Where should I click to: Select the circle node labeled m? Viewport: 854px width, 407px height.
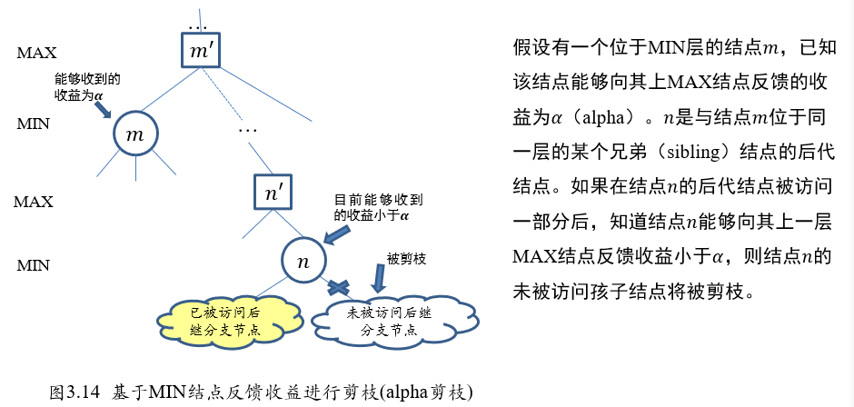[x=136, y=135]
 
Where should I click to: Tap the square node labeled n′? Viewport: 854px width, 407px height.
[x=273, y=193]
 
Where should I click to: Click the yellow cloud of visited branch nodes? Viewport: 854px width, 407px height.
[x=227, y=320]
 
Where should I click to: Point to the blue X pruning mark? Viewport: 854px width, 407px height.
[x=338, y=288]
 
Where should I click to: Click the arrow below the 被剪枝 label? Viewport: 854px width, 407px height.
[x=376, y=281]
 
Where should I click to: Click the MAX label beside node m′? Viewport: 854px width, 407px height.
[x=36, y=53]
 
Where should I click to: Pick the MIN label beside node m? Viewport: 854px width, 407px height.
[x=34, y=123]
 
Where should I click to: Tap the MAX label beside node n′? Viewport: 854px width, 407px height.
[x=34, y=202]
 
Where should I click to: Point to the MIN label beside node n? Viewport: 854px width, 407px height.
[x=34, y=266]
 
